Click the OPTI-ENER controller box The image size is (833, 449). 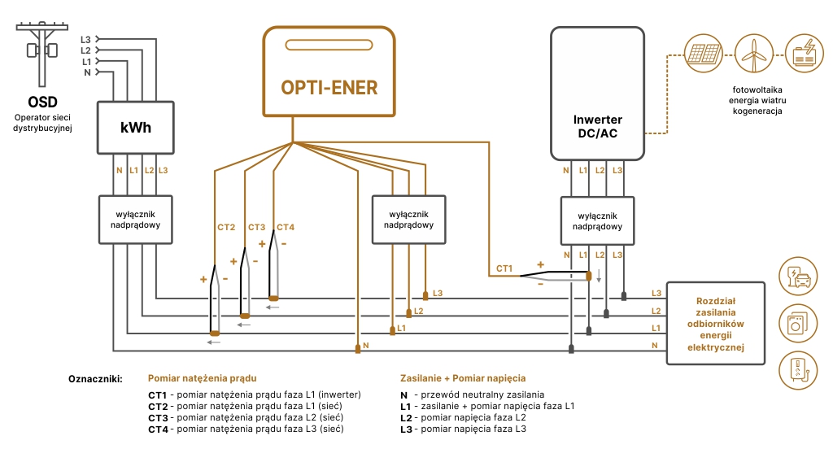[329, 72]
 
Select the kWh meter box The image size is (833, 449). [135, 128]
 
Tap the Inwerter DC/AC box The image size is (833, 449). [598, 94]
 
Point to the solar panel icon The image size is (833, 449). [700, 52]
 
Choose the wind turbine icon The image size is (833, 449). [751, 52]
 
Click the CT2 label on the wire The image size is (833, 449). [226, 227]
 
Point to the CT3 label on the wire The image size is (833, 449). [256, 227]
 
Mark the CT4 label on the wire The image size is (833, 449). [286, 227]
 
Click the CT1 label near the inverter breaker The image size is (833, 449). [504, 268]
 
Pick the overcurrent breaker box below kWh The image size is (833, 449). [135, 219]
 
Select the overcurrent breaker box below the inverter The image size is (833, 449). [598, 221]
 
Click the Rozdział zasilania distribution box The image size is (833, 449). [716, 323]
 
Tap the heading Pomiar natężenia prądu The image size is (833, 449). [202, 378]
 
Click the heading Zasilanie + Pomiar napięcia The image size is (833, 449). [463, 378]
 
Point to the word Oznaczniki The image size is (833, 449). [94, 378]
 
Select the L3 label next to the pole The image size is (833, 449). [85, 39]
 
